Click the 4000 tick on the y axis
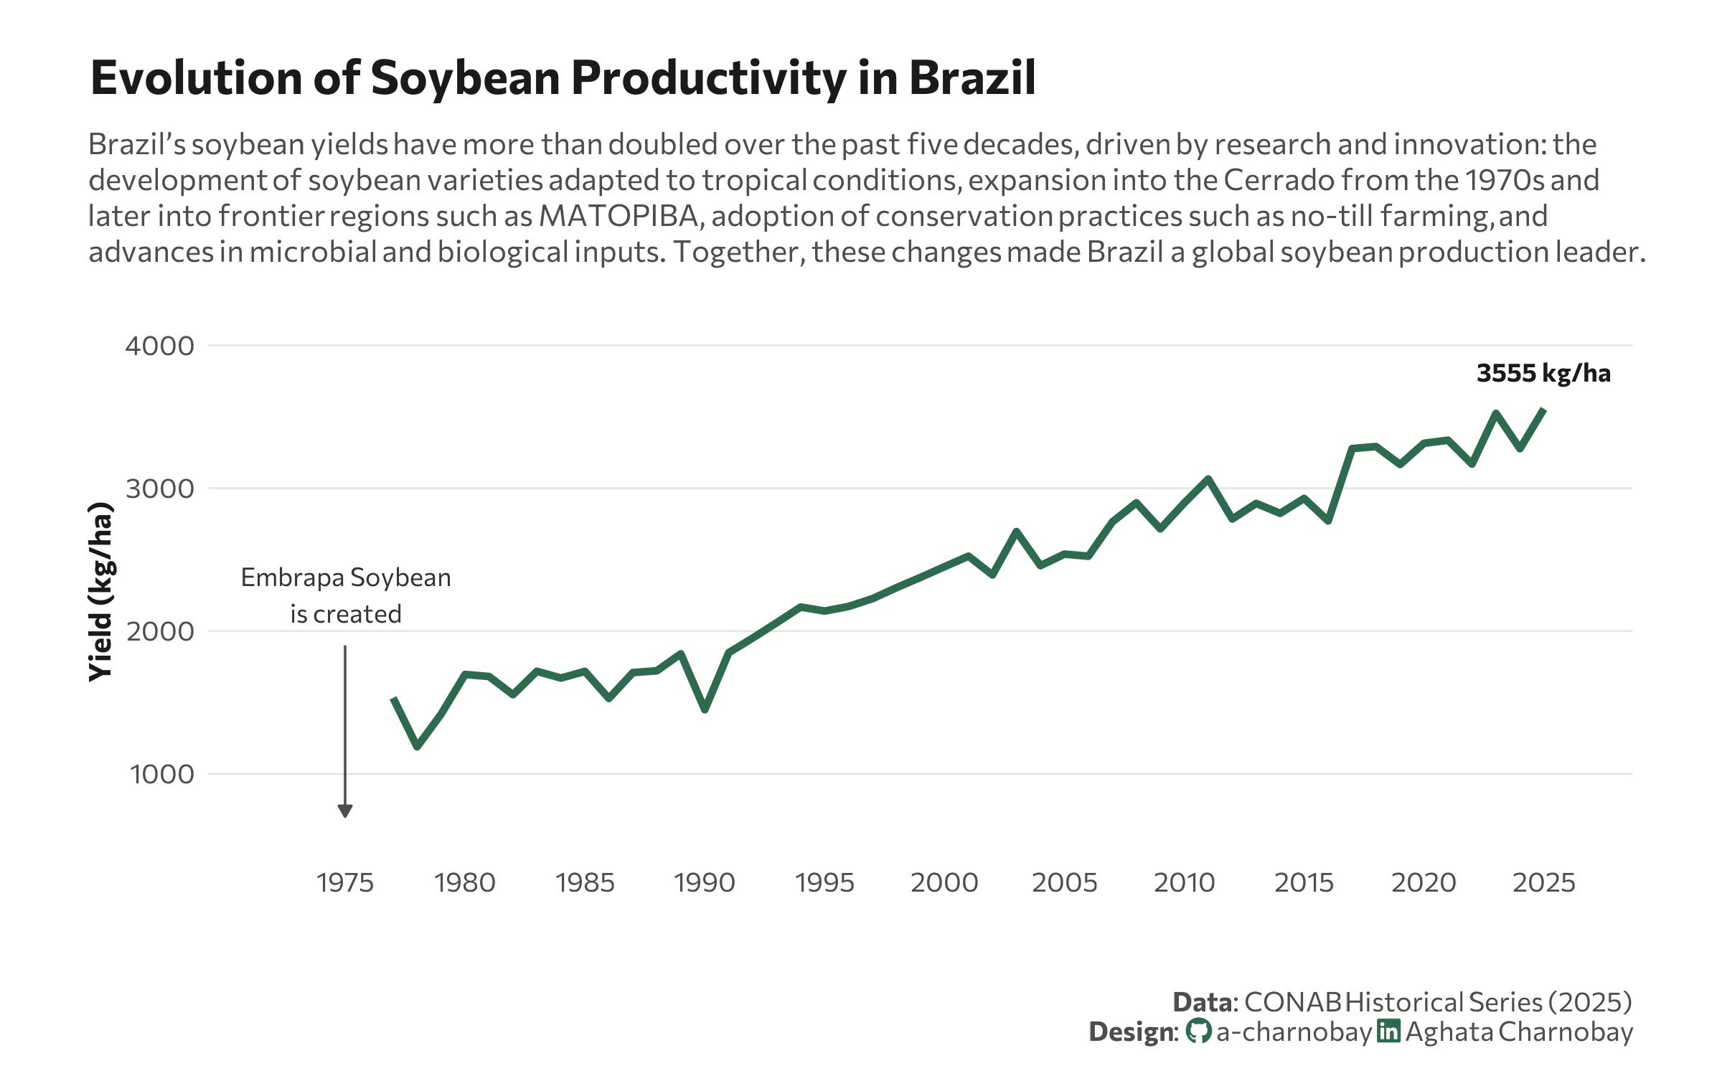[x=159, y=346]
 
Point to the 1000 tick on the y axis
[x=161, y=774]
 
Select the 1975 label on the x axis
[x=345, y=882]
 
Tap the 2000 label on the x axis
[x=944, y=882]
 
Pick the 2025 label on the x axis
[x=1543, y=882]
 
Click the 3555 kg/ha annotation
[x=1543, y=373]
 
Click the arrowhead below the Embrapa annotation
[x=345, y=811]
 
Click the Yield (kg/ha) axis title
[x=100, y=592]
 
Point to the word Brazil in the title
[x=972, y=77]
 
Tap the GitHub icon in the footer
[x=1198, y=1032]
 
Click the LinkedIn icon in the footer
[x=1388, y=1031]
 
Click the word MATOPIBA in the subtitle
[x=618, y=216]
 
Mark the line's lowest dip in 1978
[x=418, y=747]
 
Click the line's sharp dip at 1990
[x=705, y=709]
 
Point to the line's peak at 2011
[x=1208, y=478]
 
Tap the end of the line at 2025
[x=1543, y=410]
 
